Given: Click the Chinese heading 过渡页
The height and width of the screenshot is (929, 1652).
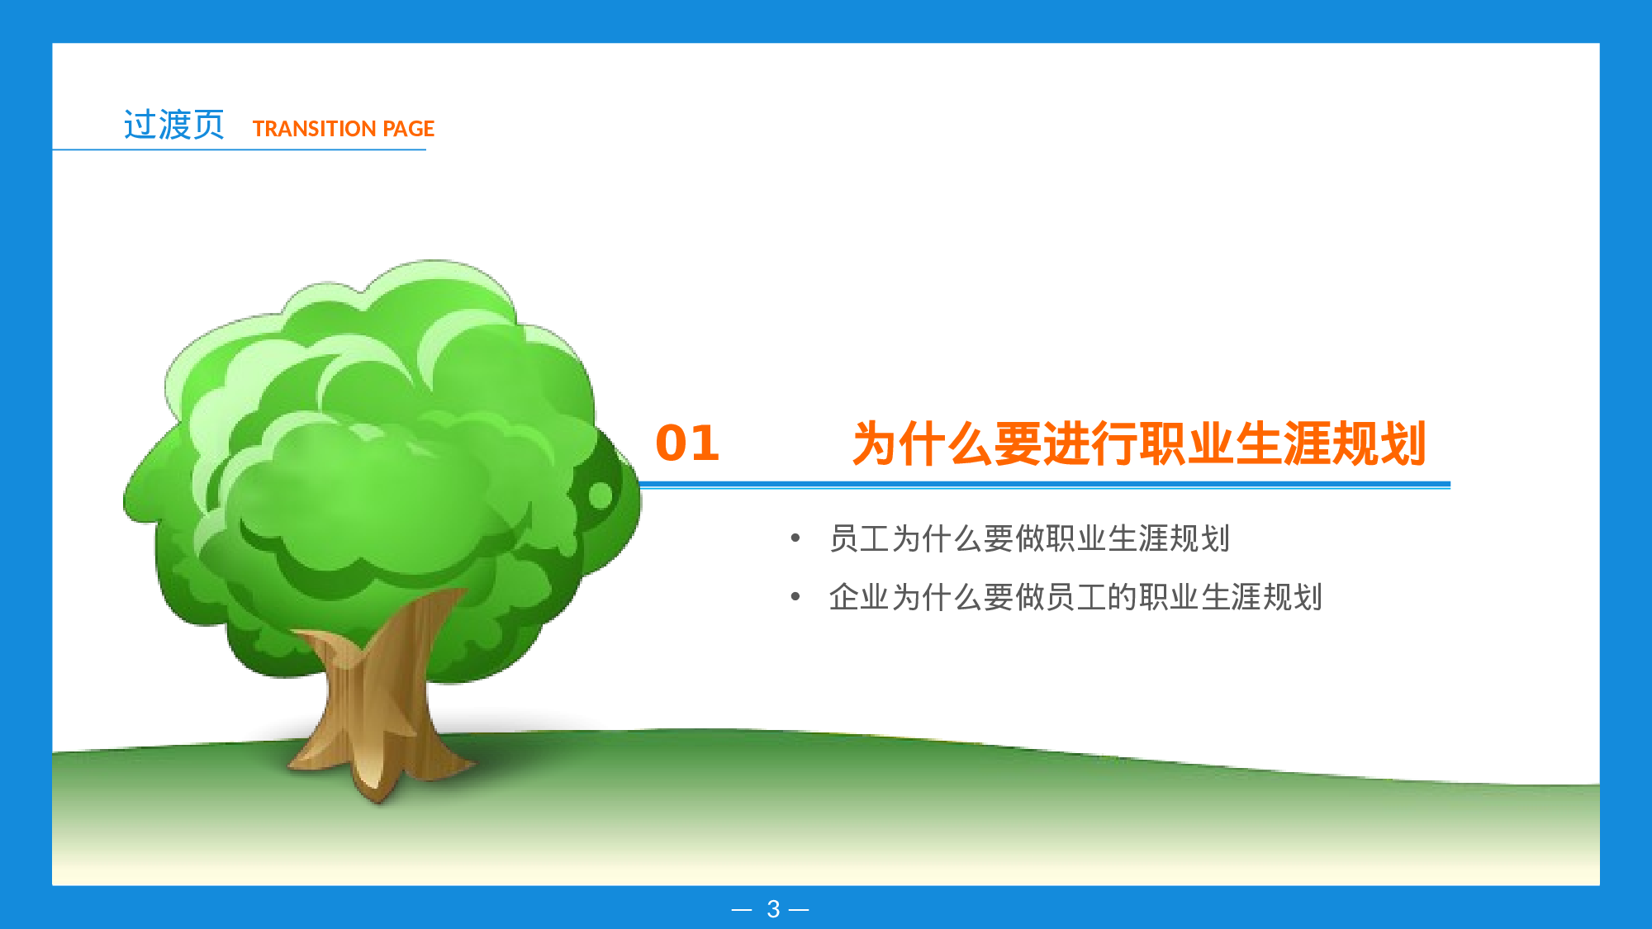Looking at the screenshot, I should (x=173, y=126).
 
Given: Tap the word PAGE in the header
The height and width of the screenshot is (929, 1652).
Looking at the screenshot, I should (x=409, y=129).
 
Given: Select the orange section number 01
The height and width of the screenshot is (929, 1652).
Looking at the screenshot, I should (x=687, y=443).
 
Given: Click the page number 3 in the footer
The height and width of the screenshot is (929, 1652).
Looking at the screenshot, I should (x=773, y=909).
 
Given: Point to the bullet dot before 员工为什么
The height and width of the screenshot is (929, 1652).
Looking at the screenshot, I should (x=795, y=538).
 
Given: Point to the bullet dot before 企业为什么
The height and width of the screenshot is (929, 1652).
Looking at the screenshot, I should (x=795, y=596).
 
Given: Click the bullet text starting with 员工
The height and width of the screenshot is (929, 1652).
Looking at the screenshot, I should (x=1029, y=538).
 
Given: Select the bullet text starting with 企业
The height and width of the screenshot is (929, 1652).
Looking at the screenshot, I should (x=1075, y=597).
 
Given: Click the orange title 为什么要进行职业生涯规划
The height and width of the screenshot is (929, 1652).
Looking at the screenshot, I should (x=1138, y=443).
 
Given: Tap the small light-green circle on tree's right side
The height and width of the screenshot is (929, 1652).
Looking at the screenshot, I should (x=601, y=495).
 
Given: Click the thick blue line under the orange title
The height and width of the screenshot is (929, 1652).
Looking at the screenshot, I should (x=1045, y=485).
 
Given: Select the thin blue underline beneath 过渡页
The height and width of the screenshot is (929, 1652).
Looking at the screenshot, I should (x=240, y=149).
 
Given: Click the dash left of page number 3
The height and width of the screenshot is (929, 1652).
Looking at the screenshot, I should (x=742, y=910).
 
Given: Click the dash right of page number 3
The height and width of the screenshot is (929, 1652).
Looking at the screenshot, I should (x=799, y=910).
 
